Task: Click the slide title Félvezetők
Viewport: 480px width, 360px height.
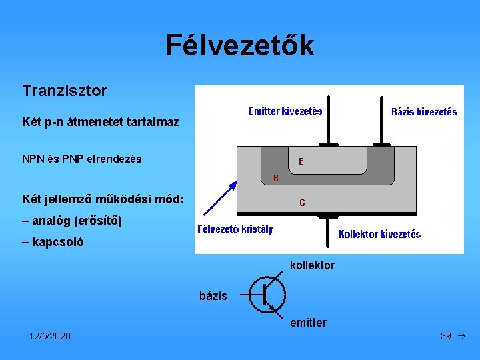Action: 239,45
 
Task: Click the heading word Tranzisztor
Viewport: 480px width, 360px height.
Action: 64,91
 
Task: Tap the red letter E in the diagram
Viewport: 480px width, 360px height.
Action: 301,161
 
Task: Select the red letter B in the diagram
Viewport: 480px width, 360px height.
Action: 277,178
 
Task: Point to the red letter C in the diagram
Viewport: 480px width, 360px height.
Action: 303,202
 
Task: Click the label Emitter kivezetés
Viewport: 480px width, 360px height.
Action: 285,111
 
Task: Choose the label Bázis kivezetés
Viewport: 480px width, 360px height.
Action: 423,112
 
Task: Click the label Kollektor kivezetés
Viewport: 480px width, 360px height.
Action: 379,234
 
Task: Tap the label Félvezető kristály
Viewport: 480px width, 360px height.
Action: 235,229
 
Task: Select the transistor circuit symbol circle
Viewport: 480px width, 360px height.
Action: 267,295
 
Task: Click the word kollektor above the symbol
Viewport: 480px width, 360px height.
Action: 312,265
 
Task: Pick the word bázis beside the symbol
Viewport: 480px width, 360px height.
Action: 213,295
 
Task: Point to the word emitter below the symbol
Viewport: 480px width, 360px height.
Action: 308,323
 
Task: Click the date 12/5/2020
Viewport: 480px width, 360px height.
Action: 50,336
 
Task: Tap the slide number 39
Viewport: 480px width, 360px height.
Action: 446,336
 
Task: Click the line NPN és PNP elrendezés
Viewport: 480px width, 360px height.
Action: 82,159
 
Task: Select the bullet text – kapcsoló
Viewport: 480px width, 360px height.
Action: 53,242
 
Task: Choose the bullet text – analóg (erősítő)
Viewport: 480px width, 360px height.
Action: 72,220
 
